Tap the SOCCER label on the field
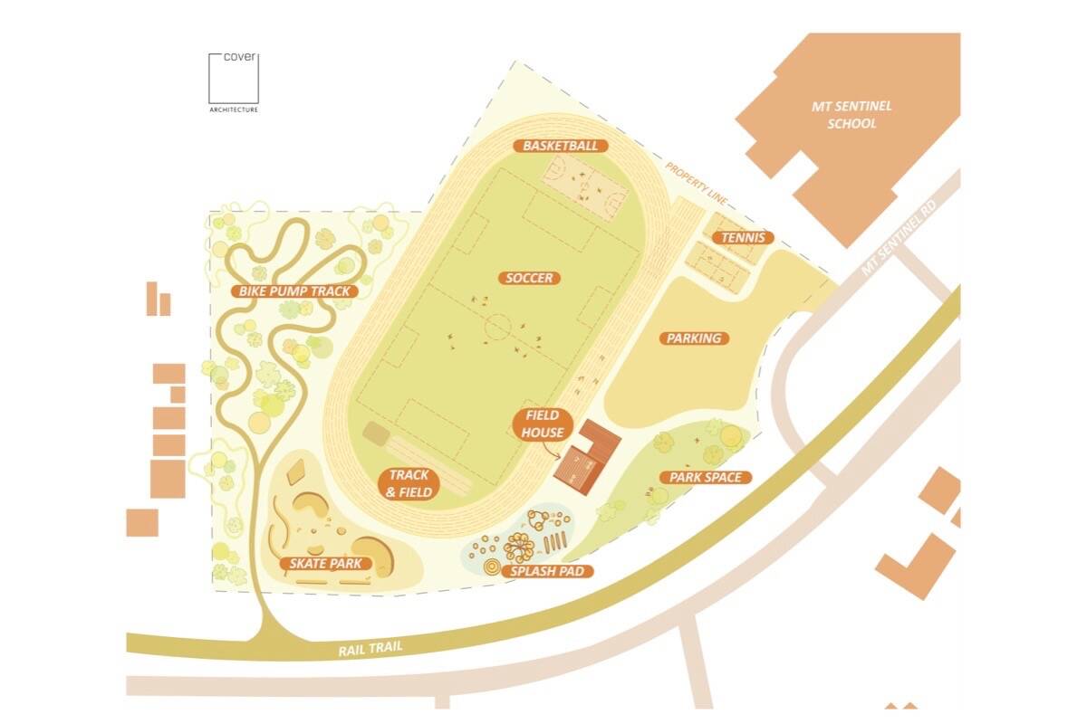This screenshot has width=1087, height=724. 529,278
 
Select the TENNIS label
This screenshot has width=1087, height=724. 743,238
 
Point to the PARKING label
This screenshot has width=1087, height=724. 694,338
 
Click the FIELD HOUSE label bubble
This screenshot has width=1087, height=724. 543,425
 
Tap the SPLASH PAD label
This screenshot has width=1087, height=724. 551,571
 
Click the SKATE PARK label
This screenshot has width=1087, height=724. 325,564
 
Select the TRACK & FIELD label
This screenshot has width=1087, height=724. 409,483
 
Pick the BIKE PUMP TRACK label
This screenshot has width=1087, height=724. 293,291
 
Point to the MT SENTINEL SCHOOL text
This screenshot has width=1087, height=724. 851,115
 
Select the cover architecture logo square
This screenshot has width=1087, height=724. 233,79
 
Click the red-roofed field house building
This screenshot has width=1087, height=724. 588,457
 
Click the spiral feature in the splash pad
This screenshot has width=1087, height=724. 492,567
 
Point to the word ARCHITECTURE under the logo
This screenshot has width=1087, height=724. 233,110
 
